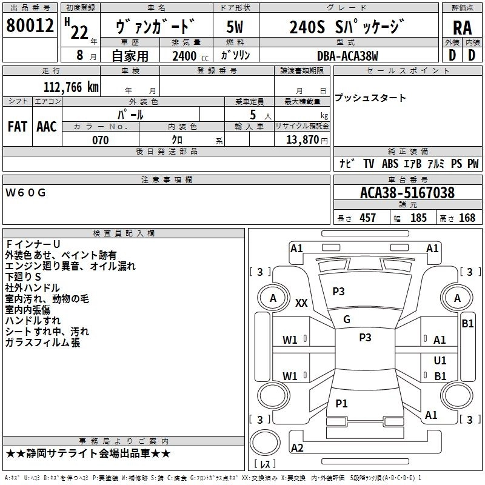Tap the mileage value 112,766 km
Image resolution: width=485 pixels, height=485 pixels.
(72, 87)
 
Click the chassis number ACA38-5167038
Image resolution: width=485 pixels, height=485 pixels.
(407, 193)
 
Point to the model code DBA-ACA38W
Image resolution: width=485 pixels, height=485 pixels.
(347, 56)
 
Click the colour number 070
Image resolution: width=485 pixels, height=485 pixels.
(100, 140)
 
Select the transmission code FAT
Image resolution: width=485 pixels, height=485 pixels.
(17, 126)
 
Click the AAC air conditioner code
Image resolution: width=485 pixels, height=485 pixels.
(47, 126)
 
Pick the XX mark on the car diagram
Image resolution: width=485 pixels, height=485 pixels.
(301, 303)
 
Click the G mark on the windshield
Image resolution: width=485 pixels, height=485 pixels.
(347, 319)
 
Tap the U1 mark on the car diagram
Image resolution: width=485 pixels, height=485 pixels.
(441, 360)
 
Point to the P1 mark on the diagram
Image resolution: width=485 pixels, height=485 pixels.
(341, 403)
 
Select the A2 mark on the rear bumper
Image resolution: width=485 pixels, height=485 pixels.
(297, 447)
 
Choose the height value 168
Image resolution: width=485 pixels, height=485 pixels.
(467, 218)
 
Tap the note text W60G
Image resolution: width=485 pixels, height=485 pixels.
(25, 193)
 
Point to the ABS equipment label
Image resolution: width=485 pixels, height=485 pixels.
(390, 164)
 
